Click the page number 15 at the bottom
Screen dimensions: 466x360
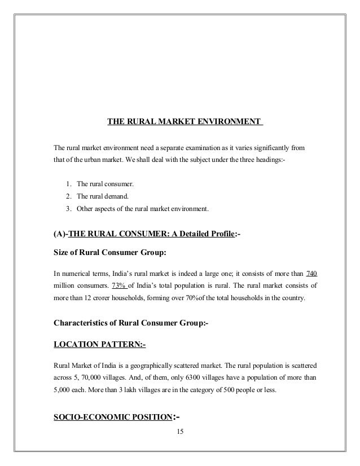pyautogui.click(x=180, y=433)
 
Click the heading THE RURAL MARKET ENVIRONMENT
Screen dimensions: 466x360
pyautogui.click(x=185, y=121)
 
